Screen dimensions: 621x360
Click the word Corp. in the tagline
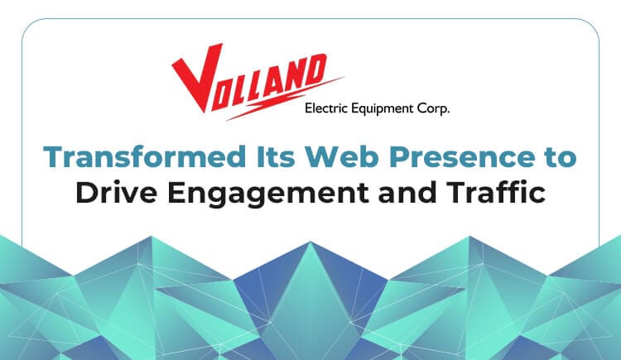(x=433, y=109)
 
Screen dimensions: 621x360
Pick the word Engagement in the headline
(x=268, y=194)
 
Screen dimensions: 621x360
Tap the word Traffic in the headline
(x=496, y=192)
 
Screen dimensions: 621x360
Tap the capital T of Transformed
(x=55, y=157)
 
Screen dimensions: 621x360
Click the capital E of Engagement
(x=177, y=192)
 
